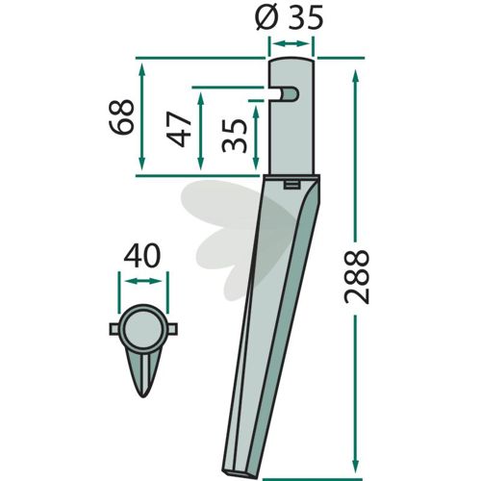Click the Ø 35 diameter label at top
click(290, 17)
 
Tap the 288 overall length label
click(357, 278)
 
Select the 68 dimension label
click(121, 117)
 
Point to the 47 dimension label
click(178, 129)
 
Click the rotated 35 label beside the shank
click(235, 136)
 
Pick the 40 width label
click(142, 256)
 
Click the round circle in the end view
click(143, 329)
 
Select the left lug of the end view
click(114, 329)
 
